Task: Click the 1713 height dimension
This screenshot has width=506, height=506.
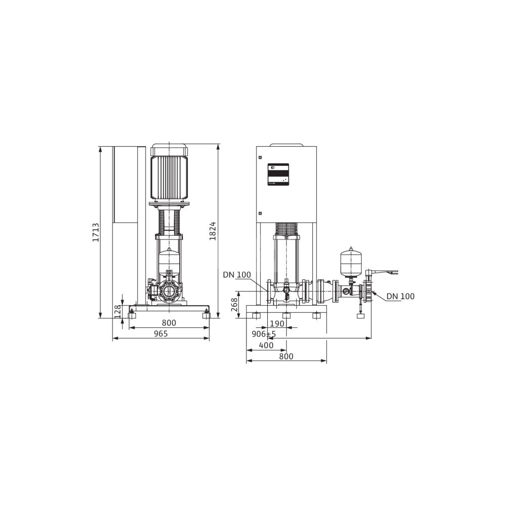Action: tap(96, 232)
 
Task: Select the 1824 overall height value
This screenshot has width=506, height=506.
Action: tap(213, 231)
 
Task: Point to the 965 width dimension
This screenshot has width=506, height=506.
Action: tap(161, 333)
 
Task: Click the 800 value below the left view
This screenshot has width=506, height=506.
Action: tap(169, 323)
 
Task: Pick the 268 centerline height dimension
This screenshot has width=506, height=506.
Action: tap(234, 304)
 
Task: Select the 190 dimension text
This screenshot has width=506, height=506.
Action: tap(277, 323)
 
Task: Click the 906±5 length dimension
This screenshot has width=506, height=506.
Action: tap(264, 333)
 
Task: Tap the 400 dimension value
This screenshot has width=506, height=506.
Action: tap(266, 345)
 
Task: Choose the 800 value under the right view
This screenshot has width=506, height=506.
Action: tap(286, 356)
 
